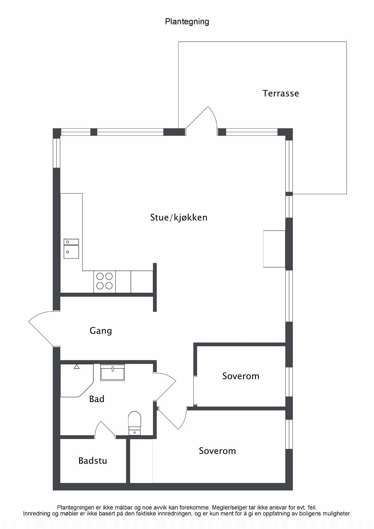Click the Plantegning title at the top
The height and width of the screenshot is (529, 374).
click(x=187, y=22)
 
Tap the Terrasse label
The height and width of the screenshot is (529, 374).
click(x=281, y=94)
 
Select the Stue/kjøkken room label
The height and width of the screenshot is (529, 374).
click(x=179, y=218)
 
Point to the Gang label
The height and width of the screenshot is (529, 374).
click(x=101, y=331)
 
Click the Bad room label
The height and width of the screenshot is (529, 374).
click(x=97, y=399)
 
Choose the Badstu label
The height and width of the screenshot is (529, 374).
click(x=93, y=461)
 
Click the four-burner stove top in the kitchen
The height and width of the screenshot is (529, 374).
click(x=104, y=281)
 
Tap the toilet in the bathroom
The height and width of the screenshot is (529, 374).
click(x=135, y=423)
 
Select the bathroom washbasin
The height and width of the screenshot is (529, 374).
click(x=112, y=372)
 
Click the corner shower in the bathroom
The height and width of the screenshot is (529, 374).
click(x=77, y=381)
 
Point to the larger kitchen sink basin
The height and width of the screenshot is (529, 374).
click(x=71, y=252)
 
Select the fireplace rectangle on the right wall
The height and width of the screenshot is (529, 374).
click(x=274, y=249)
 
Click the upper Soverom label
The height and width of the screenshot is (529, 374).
click(x=241, y=376)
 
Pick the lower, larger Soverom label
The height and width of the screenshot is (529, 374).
click(x=217, y=451)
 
